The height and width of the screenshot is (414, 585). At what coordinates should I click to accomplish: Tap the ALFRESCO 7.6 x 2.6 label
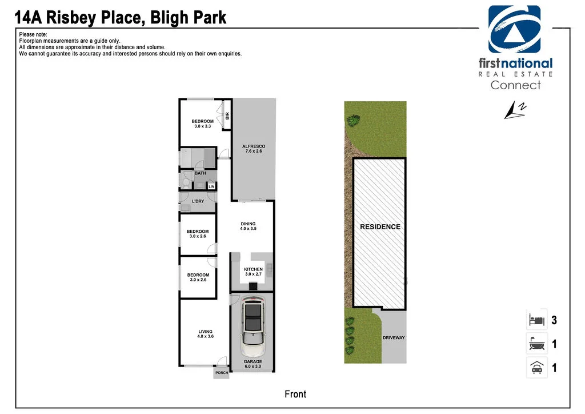click(x=253, y=149)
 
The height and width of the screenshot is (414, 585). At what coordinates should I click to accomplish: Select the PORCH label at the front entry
click(x=222, y=373)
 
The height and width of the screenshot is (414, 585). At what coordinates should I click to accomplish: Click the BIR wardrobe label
click(x=227, y=116)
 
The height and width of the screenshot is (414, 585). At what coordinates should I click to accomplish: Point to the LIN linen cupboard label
click(x=211, y=186)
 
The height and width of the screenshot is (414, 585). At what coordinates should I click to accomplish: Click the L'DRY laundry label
click(x=198, y=201)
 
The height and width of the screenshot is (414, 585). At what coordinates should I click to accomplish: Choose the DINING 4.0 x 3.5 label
click(x=248, y=226)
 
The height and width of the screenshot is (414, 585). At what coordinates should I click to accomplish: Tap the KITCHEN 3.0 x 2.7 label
click(x=253, y=272)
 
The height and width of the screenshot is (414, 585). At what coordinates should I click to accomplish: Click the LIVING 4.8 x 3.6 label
click(x=205, y=334)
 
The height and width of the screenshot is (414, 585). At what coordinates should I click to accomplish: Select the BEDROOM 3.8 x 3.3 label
click(x=202, y=124)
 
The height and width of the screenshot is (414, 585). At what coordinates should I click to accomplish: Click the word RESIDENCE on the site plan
click(x=380, y=227)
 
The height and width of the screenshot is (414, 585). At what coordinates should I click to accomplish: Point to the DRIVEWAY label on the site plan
click(x=394, y=338)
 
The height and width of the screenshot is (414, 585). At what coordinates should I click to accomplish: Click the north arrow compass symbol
click(x=515, y=110)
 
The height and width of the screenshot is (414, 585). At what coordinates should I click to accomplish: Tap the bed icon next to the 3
click(x=536, y=320)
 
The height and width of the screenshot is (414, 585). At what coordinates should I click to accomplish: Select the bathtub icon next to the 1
click(x=536, y=344)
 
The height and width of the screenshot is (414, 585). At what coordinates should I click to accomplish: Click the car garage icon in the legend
click(x=536, y=368)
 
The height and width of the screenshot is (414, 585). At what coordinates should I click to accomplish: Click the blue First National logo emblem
click(x=514, y=30)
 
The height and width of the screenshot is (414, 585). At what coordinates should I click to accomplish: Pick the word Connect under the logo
click(x=515, y=85)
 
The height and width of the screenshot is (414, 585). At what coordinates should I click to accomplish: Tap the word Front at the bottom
click(x=295, y=394)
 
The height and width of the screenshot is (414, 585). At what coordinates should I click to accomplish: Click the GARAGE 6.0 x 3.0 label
click(x=253, y=364)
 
